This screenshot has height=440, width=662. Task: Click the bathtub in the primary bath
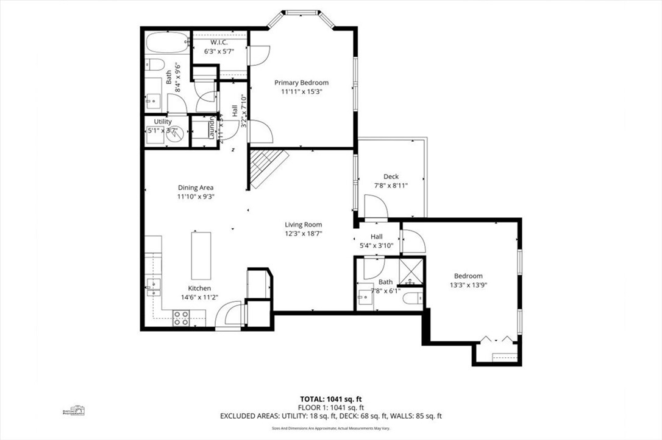166,43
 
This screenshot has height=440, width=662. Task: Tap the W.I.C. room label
219,43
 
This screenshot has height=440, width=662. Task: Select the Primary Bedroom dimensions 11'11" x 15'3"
301,92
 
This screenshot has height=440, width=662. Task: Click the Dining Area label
195,187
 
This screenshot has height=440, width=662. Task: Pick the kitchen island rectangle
201,255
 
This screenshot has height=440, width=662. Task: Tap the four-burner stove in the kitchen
181,317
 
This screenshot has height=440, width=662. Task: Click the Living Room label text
303,225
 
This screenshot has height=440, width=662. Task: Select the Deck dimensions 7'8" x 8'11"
391,186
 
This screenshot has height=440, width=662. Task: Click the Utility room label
162,122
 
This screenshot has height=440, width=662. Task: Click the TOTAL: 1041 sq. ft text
330,399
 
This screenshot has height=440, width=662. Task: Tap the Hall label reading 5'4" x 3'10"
375,245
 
